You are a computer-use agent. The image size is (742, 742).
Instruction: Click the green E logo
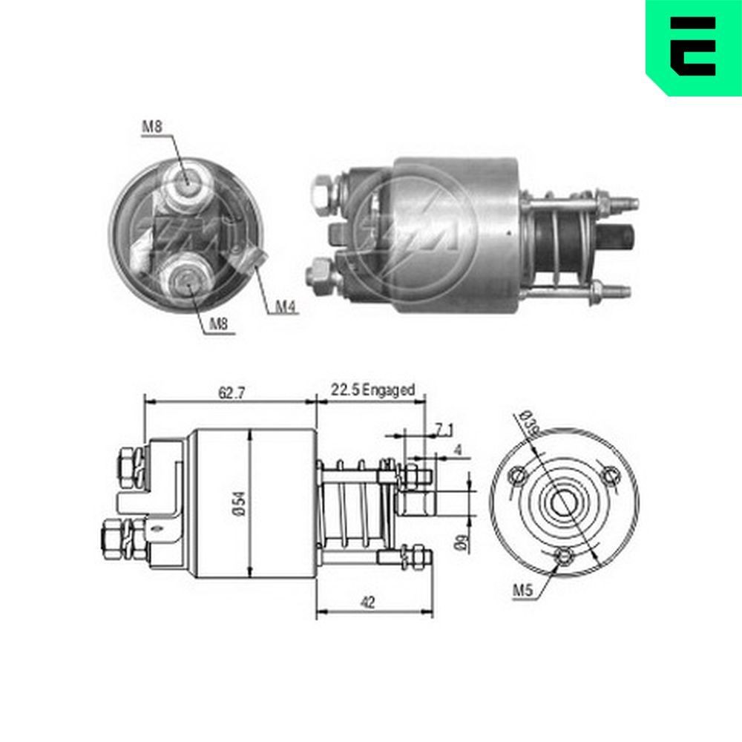[693, 47]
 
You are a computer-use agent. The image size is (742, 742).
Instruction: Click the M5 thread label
[524, 591]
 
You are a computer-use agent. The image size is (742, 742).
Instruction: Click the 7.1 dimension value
[443, 428]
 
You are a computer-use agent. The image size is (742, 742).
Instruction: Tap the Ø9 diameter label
[462, 542]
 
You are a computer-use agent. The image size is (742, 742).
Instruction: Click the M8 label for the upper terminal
[152, 127]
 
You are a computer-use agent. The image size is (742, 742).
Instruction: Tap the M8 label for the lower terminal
[217, 324]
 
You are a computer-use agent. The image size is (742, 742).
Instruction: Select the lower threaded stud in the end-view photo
[185, 278]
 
